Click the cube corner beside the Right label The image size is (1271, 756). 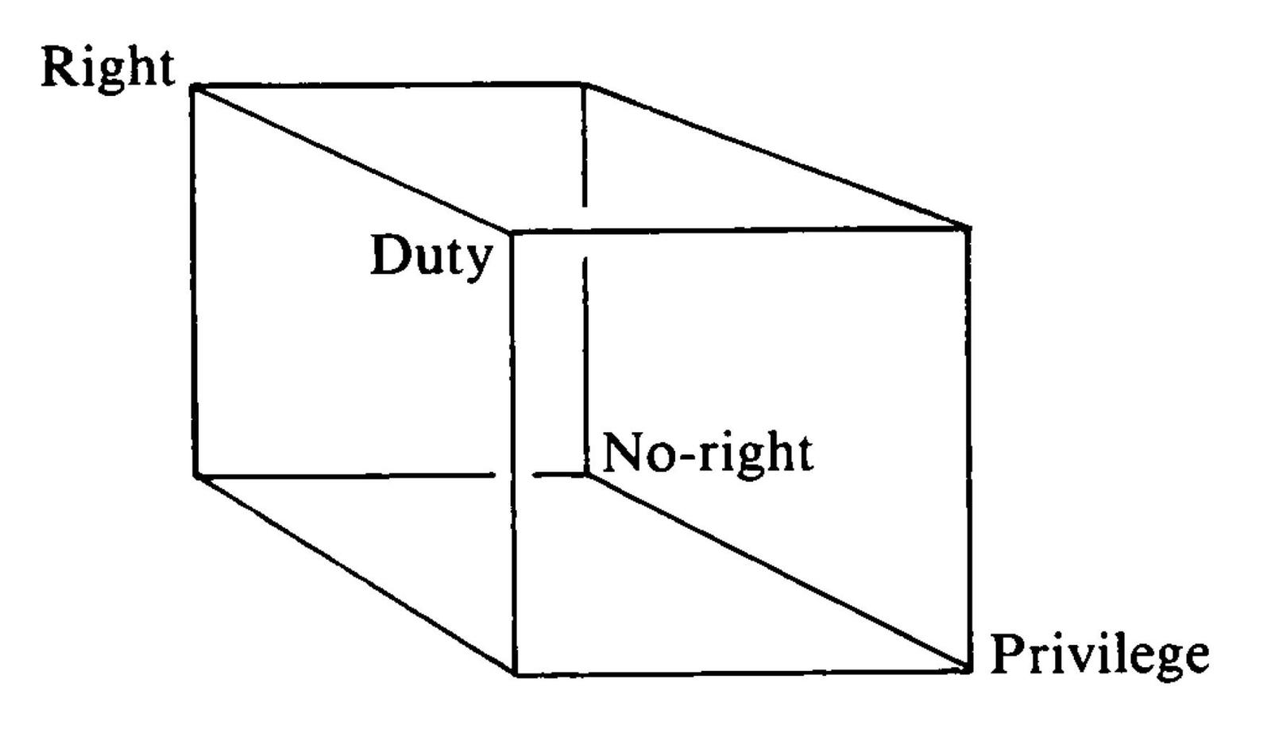tap(194, 87)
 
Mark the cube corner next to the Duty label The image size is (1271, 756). tap(512, 232)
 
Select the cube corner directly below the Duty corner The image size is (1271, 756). tap(516, 674)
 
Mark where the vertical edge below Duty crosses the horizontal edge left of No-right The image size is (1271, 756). tap(513, 475)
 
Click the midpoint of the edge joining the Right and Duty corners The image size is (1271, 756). tap(353, 160)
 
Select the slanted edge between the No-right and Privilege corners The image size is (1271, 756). tap(777, 573)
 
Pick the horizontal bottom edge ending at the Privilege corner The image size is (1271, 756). tap(742, 673)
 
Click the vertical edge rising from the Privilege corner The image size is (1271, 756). tap(968, 449)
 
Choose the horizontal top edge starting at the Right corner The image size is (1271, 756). tap(388, 85)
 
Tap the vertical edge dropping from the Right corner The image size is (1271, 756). tap(194, 281)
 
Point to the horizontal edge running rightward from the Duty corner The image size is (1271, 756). tap(740, 229)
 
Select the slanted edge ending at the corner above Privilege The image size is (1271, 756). tap(775, 156)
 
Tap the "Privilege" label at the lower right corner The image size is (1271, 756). tap(1099, 656)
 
